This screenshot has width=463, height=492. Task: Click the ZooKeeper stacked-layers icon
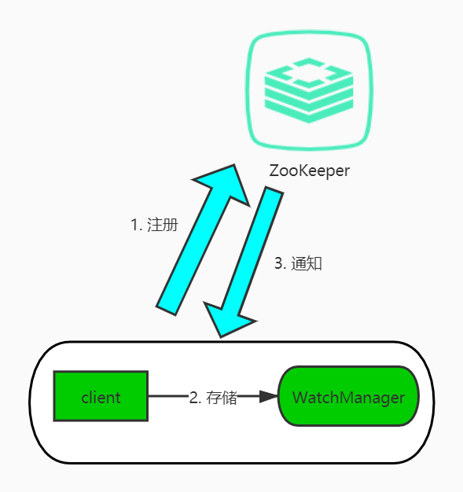tap(308, 93)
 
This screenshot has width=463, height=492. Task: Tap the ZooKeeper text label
tap(309, 171)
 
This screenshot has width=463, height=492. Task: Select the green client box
tap(101, 396)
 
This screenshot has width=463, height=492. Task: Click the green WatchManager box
tap(348, 396)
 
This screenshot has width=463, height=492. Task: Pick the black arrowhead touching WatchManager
tap(269, 396)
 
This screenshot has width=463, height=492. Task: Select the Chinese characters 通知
tap(306, 264)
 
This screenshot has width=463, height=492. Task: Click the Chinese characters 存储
tap(222, 397)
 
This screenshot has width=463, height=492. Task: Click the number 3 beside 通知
tap(278, 264)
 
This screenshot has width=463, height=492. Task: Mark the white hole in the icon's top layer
tap(308, 74)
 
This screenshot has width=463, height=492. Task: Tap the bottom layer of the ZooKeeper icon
tap(308, 112)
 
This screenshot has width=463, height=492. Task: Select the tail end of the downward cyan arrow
tap(272, 193)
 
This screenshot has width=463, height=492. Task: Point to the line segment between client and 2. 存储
tap(167, 396)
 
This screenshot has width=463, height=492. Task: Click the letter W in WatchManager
tap(299, 397)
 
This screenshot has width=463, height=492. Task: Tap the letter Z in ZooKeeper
tap(274, 171)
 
